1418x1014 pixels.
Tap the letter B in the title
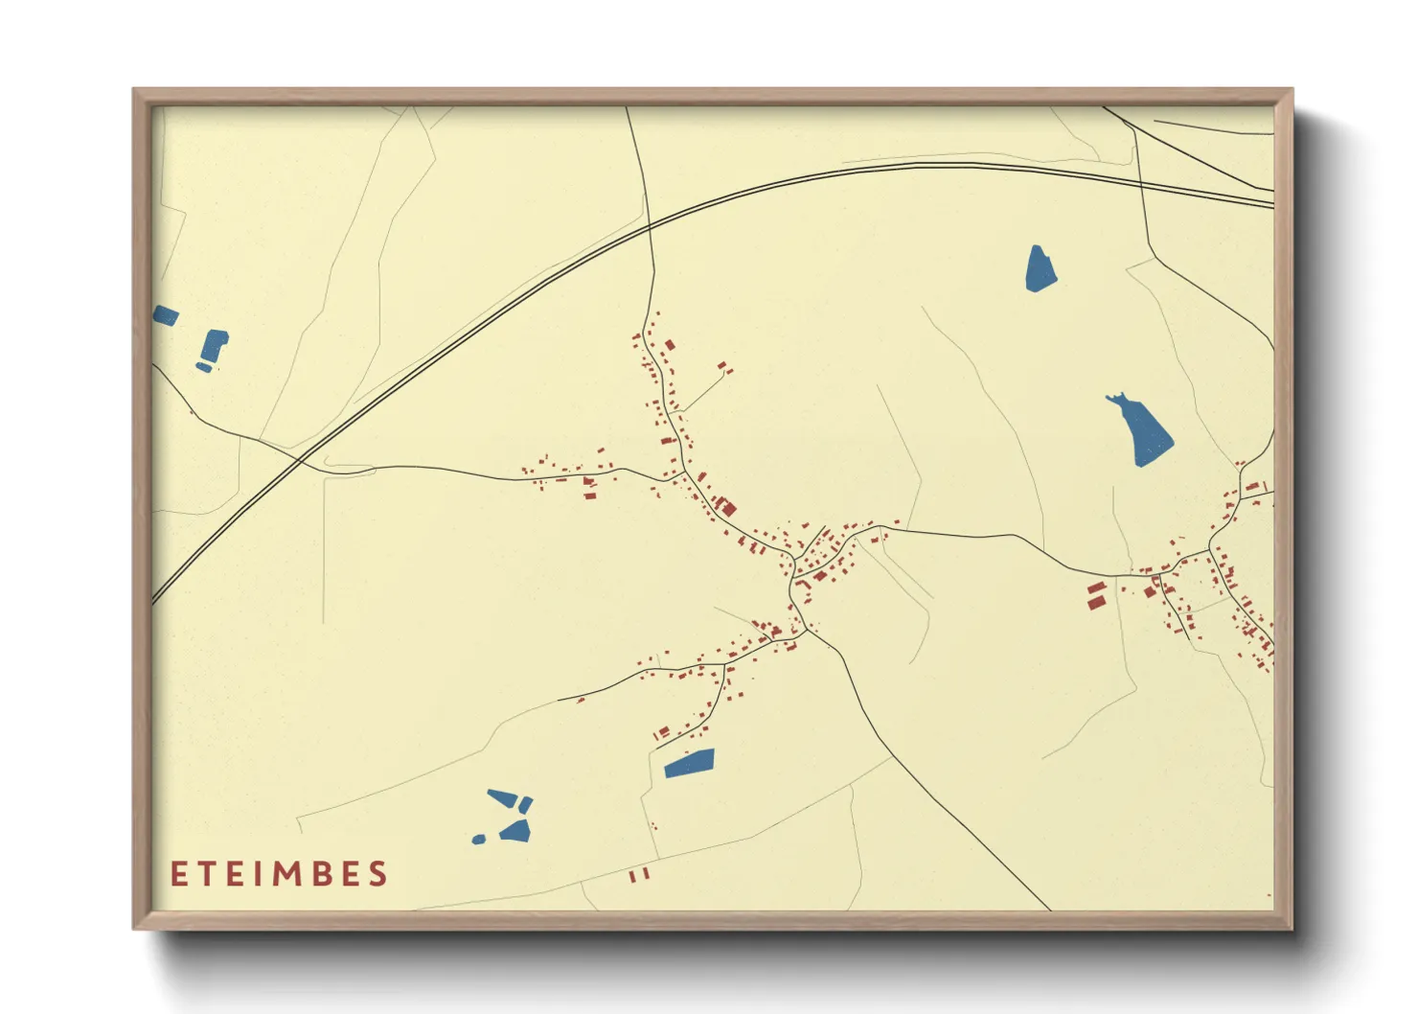323,874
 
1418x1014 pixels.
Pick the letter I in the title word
259,874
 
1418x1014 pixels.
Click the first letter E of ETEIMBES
178,874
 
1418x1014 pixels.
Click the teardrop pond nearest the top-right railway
1041,268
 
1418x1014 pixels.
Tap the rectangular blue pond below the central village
690,763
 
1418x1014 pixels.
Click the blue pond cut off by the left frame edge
165,315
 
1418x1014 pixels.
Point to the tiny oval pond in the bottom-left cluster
479,840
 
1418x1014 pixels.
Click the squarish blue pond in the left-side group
214,344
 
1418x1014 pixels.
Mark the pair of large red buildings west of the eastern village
1096,594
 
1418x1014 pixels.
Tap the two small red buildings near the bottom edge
639,874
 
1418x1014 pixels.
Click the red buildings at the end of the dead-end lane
724,366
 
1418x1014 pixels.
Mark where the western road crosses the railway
300,461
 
